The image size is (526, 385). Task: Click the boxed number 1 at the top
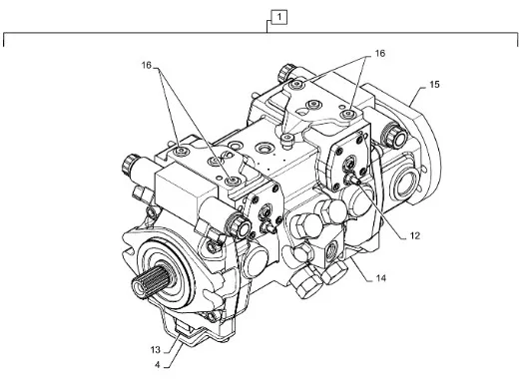point(279,17)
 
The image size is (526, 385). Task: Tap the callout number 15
point(434,85)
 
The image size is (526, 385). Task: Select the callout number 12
point(415,236)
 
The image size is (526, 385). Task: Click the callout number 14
point(380,278)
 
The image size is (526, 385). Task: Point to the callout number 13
point(156,350)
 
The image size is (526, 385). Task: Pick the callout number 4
point(158,365)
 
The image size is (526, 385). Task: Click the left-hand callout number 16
point(147,65)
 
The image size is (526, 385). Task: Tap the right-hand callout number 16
point(379,53)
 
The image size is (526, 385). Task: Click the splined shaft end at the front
point(149,279)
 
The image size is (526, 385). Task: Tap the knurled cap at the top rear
point(286,74)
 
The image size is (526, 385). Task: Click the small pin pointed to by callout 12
point(353,179)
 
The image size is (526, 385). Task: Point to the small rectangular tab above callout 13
point(184,326)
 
